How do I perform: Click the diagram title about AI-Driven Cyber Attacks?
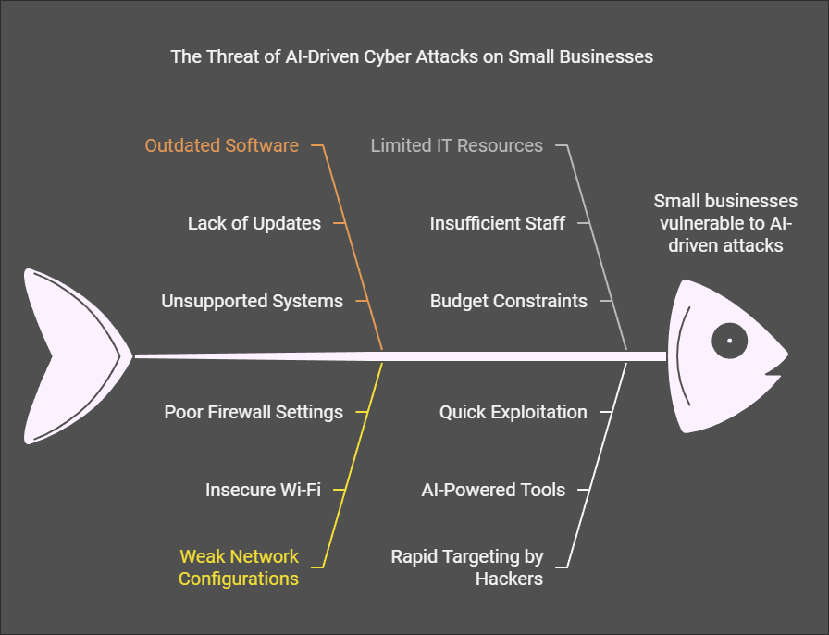click(412, 56)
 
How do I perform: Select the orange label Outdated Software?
click(221, 145)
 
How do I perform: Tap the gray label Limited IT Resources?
click(457, 145)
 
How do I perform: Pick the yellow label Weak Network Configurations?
click(239, 567)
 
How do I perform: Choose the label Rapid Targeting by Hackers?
click(467, 567)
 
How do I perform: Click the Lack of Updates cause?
click(254, 223)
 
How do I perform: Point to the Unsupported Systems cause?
click(253, 301)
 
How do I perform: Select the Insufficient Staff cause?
click(498, 223)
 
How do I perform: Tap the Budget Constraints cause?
click(509, 301)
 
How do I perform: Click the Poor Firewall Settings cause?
click(254, 412)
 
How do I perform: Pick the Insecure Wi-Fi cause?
click(264, 490)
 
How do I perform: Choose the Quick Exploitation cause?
click(513, 412)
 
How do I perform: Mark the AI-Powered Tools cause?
click(493, 490)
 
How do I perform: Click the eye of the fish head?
click(730, 341)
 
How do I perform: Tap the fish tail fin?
click(74, 356)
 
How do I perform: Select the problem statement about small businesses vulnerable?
click(725, 223)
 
